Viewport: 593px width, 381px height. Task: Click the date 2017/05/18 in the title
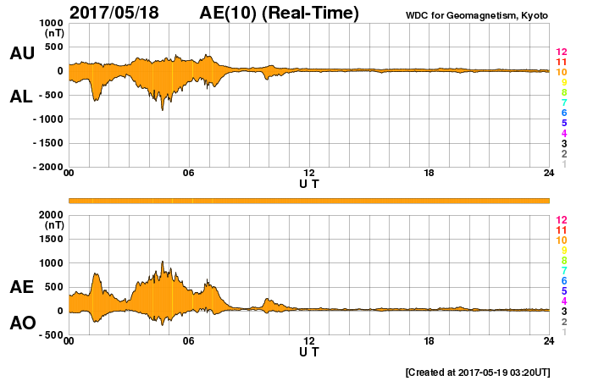pos(120,13)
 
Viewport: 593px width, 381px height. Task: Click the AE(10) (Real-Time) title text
pos(280,13)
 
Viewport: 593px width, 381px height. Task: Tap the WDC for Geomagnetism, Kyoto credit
pos(478,14)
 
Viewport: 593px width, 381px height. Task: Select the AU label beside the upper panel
pos(22,54)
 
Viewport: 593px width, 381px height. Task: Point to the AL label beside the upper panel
pos(22,97)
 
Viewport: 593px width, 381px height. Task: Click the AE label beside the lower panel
pos(22,287)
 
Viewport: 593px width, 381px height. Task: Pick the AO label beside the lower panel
pos(22,323)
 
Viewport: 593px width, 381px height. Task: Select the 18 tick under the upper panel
pos(429,174)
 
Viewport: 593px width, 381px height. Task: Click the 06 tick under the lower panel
pos(189,341)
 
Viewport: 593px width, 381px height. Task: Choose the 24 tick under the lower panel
pos(548,341)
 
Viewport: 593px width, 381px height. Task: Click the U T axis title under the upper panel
pos(308,183)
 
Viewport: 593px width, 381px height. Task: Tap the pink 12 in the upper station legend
pos(561,52)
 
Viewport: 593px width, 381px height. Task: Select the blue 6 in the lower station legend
pos(563,280)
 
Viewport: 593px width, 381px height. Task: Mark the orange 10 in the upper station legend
pos(561,73)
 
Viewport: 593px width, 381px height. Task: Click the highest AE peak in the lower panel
pos(162,262)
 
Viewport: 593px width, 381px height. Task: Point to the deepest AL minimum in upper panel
pos(162,110)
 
